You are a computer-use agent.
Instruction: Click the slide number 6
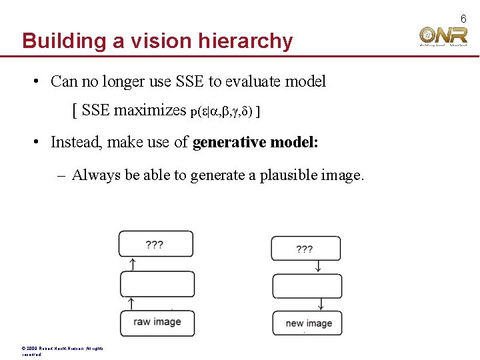click(463, 19)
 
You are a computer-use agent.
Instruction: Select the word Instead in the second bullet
click(75, 141)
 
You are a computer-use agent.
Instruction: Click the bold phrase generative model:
click(255, 141)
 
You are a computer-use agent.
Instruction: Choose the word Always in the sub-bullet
click(96, 175)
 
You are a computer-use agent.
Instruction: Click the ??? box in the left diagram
click(156, 244)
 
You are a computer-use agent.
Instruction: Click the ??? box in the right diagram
click(305, 249)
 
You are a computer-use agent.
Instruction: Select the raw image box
click(157, 323)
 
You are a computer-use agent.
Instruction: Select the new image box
click(307, 323)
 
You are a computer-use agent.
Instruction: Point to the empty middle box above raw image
click(157, 284)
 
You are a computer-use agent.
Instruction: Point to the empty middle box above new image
click(307, 287)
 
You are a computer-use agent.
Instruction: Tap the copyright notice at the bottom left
click(60, 351)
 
